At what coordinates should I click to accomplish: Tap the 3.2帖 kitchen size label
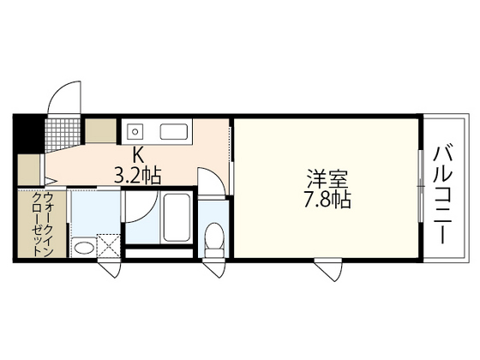tap(139, 176)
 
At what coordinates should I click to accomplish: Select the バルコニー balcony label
tap(443, 195)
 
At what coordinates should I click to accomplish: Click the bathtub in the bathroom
tap(177, 219)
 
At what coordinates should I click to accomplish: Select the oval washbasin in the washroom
tap(83, 249)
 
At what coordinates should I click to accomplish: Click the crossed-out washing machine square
tap(108, 245)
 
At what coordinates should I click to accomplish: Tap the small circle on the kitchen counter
tap(135, 133)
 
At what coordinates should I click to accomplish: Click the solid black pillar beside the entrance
tap(27, 132)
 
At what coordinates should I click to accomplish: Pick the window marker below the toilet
tap(213, 267)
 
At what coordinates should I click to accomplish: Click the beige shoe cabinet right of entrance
tap(101, 131)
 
